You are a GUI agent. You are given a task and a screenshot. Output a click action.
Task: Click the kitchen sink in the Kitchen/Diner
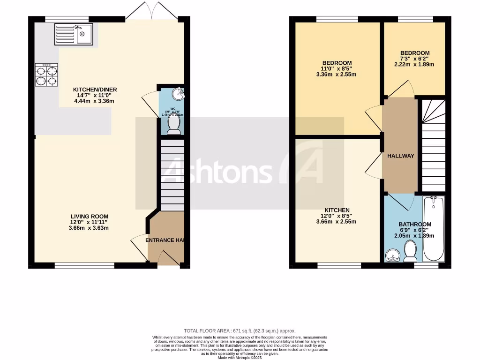click(74, 34)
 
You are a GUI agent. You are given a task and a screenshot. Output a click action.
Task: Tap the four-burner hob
click(46, 75)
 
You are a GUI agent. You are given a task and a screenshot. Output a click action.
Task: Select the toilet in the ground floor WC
click(174, 125)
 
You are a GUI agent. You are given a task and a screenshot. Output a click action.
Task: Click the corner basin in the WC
click(178, 94)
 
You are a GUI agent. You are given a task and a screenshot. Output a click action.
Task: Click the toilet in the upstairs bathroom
click(411, 251)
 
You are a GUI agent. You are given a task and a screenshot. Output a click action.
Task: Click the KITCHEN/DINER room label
click(95, 90)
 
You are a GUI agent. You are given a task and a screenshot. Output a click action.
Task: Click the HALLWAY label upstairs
click(400, 156)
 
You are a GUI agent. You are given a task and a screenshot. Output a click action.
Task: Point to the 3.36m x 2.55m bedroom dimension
click(336, 75)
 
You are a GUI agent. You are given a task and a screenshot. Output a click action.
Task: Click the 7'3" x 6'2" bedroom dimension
click(414, 59)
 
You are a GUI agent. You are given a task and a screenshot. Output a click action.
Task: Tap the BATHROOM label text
click(415, 225)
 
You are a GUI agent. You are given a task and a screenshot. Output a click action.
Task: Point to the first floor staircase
click(433, 145)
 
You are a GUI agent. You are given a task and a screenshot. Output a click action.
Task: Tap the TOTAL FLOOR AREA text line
click(240, 331)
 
